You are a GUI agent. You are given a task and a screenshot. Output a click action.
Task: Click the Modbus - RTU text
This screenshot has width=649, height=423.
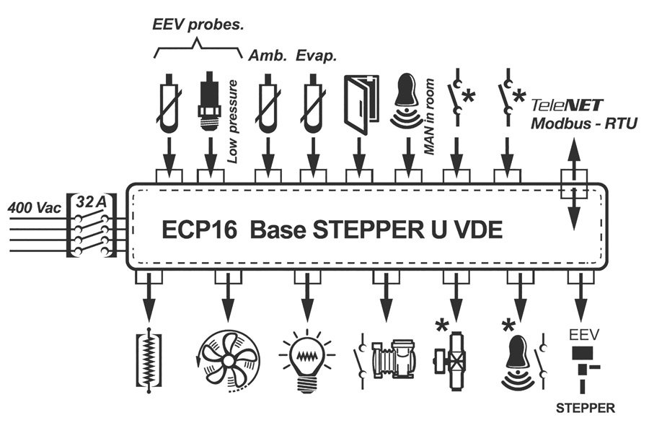pos(584,123)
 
